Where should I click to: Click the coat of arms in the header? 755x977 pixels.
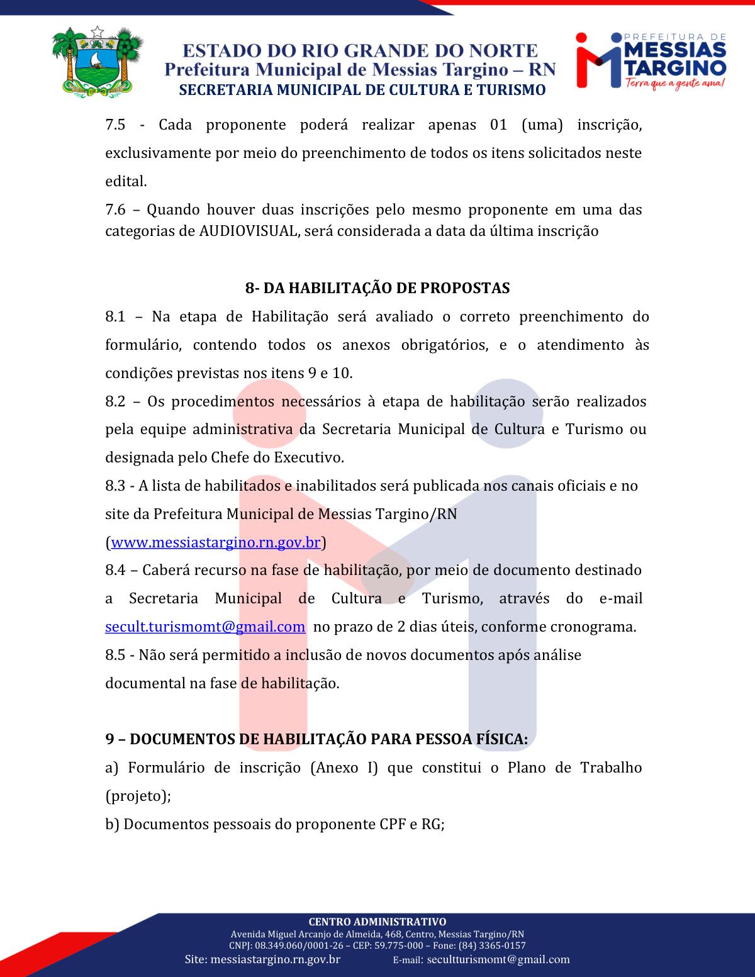97,62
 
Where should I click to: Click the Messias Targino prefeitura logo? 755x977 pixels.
651,60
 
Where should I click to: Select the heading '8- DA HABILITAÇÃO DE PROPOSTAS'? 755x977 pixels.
377,288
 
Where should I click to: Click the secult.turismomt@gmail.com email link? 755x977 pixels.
205,627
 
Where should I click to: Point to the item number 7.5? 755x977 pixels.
115,125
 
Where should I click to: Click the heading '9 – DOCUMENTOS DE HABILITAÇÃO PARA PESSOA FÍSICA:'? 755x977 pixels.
316,739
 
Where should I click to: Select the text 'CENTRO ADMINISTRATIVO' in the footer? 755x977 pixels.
377,922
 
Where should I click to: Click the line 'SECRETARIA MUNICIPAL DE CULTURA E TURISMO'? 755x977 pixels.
362,90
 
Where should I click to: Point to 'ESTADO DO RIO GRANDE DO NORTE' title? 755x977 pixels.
360,50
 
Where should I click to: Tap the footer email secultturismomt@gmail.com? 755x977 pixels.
498,959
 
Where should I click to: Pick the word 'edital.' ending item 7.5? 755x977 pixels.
126,181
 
